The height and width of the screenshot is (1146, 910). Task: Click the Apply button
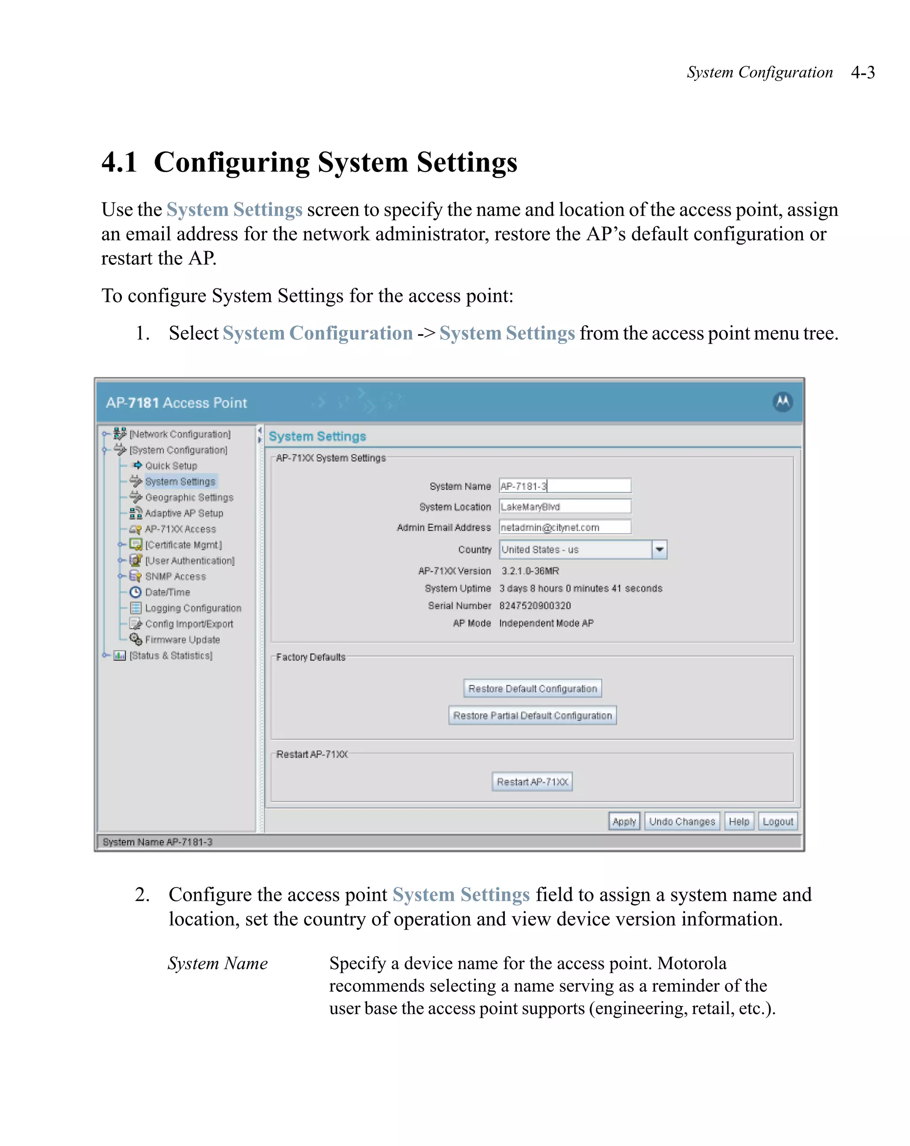[623, 821]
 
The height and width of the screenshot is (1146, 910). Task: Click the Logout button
[777, 821]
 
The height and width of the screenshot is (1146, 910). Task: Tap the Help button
[738, 821]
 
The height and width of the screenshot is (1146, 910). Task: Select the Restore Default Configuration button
[532, 688]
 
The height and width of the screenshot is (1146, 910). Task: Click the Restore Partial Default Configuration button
[532, 715]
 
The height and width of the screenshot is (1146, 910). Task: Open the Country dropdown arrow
[659, 549]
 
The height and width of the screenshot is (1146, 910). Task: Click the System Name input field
[564, 486]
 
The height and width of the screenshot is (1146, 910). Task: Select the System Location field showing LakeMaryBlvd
[564, 507]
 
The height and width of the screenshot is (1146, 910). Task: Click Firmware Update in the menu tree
[182, 639]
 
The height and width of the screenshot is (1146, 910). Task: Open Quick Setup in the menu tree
[171, 466]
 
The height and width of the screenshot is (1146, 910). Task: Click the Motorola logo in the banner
[782, 402]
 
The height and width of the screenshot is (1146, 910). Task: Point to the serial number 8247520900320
[535, 605]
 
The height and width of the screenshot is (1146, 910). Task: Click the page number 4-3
[862, 72]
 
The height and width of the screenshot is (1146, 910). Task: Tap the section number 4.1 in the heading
[120, 162]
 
